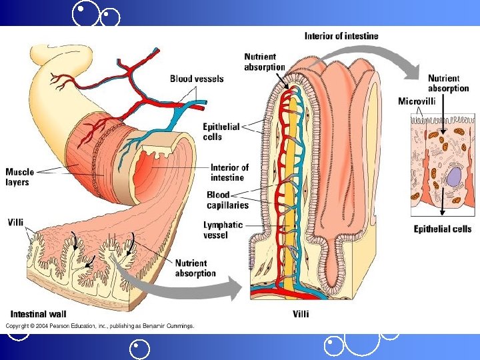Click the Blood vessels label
coord(197,79)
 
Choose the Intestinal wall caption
coord(38,314)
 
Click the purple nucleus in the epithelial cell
coord(453,177)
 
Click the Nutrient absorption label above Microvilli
coord(448,83)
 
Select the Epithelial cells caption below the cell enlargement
coord(443,229)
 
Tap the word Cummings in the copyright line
coord(179,326)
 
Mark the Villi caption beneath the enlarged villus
coord(301,314)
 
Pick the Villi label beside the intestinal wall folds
coord(17,222)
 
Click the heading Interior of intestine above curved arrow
coord(341,36)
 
